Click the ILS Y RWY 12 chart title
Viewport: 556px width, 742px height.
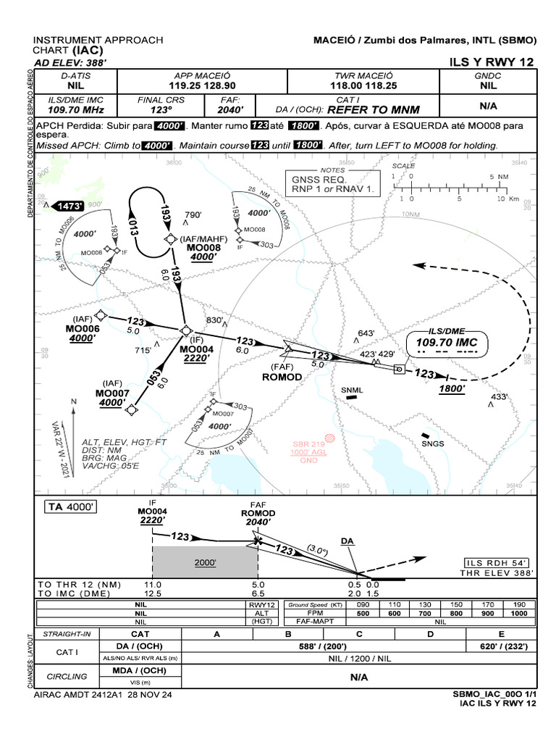tap(492, 62)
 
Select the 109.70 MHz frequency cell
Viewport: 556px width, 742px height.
tap(76, 110)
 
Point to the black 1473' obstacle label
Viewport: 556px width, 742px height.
tap(69, 206)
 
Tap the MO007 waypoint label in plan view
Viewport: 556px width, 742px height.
tap(111, 393)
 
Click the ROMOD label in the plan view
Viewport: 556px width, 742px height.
tap(281, 377)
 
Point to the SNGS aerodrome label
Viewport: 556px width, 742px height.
tap(432, 443)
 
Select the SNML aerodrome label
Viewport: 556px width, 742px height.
tap(352, 391)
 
